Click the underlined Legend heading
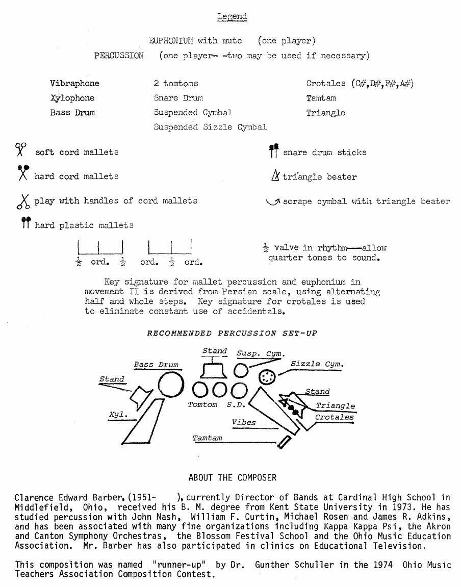coord(232,16)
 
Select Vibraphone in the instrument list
coord(74,83)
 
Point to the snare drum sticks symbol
coord(274,150)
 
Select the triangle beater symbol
coord(274,176)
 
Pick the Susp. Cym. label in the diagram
coord(260,353)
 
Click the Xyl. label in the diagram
coord(118,415)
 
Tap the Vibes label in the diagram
coord(243,422)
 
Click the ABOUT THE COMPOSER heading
coord(232,478)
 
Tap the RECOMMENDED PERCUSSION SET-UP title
coord(232,334)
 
